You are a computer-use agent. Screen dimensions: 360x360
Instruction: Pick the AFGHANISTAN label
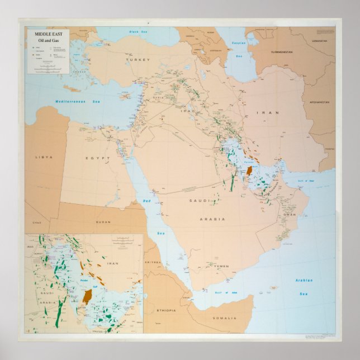(x=319, y=102)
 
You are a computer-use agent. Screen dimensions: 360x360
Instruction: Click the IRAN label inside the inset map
(x=113, y=263)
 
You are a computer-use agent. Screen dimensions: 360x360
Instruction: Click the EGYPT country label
(x=94, y=158)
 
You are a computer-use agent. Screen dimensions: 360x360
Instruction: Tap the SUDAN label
(x=103, y=221)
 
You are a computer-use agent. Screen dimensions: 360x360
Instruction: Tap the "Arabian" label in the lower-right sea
(x=304, y=280)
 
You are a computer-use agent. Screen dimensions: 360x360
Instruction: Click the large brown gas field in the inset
(x=88, y=296)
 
